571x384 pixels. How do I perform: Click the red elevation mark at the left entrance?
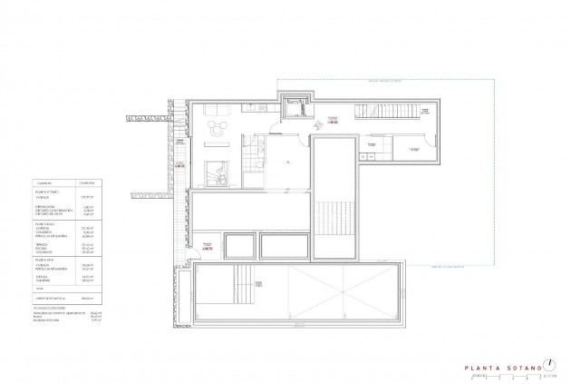pyautogui.click(x=179, y=165)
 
